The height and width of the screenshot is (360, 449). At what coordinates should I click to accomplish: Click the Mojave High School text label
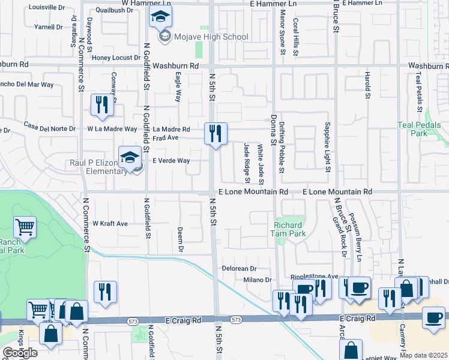pyautogui.click(x=210, y=37)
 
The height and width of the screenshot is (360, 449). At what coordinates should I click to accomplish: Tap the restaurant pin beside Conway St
pyautogui.click(x=101, y=105)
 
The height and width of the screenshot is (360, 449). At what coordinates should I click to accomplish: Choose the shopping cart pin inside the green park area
pyautogui.click(x=25, y=227)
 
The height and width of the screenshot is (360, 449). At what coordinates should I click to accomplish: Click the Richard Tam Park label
pyautogui.click(x=289, y=229)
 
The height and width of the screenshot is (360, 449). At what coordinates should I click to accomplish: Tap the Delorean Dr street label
pyautogui.click(x=239, y=269)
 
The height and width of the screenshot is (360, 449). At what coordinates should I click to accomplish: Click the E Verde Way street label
pyautogui.click(x=171, y=161)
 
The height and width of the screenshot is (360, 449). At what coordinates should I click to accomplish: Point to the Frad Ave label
pyautogui.click(x=166, y=138)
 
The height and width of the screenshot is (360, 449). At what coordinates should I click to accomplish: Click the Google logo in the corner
pyautogui.click(x=20, y=353)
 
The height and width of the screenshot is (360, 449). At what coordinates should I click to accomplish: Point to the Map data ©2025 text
pyautogui.click(x=424, y=355)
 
